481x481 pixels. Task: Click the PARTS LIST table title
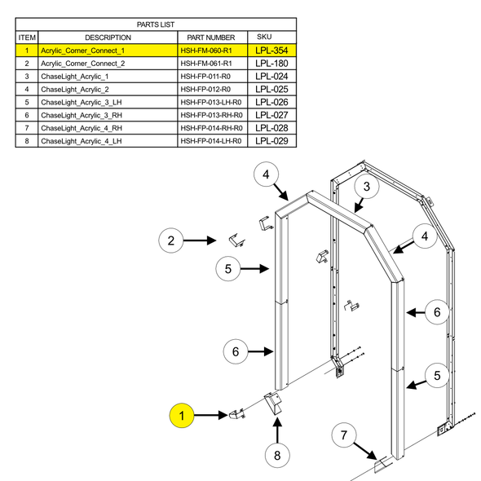tap(156, 24)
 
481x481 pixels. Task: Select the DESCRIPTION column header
tap(107, 38)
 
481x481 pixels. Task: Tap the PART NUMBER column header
tap(210, 38)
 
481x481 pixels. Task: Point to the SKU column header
tap(264, 38)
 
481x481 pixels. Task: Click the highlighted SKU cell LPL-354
tap(271, 51)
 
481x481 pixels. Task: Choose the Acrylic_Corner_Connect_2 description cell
tap(82, 64)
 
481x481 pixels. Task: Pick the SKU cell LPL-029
tap(271, 140)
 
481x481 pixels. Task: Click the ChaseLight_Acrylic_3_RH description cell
tap(81, 115)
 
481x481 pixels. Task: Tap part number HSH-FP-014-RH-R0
tap(211, 128)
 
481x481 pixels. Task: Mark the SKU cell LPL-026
tap(271, 102)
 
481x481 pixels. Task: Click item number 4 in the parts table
tap(27, 89)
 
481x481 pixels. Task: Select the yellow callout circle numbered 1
tap(183, 416)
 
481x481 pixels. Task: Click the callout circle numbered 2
tap(171, 240)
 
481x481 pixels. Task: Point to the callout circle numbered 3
tap(367, 188)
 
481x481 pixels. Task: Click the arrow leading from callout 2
tap(201, 240)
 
